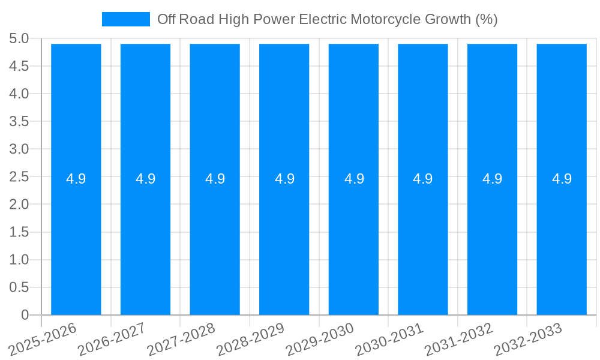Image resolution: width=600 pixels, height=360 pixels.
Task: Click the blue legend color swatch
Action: tap(126, 19)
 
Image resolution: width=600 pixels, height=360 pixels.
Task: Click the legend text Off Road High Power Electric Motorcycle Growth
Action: tap(327, 19)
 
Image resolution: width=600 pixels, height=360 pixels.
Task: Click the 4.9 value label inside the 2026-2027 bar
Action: tap(145, 179)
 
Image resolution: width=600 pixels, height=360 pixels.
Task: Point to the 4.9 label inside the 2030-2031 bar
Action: tap(423, 179)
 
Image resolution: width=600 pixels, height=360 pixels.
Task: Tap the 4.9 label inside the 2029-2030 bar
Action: tap(354, 179)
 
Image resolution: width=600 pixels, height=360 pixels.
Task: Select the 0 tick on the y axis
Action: tap(25, 315)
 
